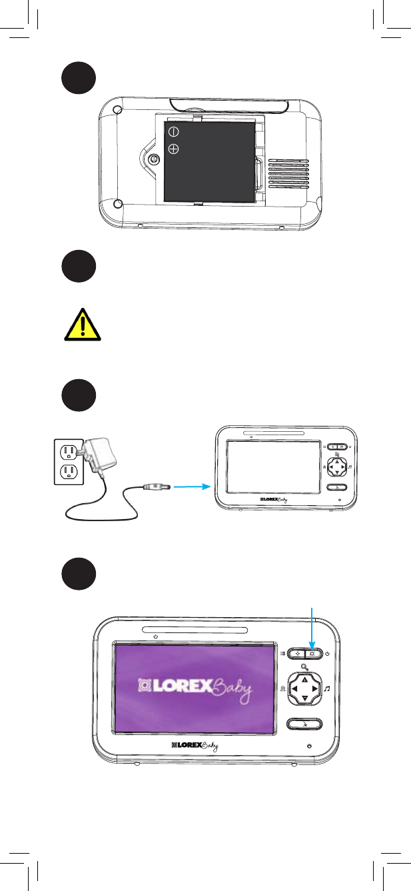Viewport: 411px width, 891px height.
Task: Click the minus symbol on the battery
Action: pos(173,131)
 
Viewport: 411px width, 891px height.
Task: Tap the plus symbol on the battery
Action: pos(173,149)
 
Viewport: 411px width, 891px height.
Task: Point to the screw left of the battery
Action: pos(154,159)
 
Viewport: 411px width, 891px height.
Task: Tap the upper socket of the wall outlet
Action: pos(67,451)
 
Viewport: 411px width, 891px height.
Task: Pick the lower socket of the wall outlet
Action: pos(67,472)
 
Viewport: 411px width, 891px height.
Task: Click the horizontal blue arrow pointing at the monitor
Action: pos(191,487)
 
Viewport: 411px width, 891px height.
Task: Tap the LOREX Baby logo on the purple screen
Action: pos(194,688)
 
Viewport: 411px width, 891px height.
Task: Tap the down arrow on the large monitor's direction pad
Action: pos(304,698)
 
